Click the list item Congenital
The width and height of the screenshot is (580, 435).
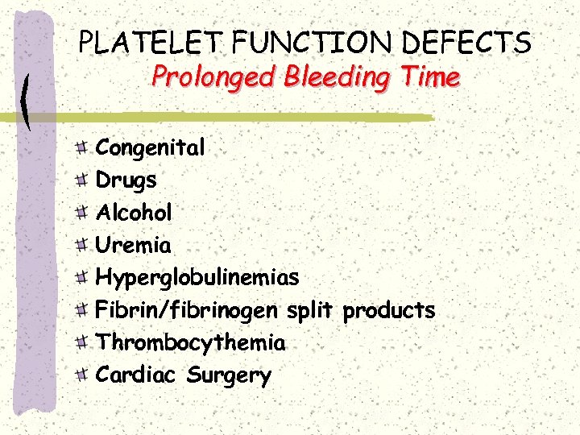(x=151, y=148)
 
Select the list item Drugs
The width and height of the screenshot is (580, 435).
(x=126, y=180)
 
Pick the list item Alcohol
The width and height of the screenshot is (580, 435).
(x=135, y=213)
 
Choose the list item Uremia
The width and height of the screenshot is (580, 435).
(x=134, y=245)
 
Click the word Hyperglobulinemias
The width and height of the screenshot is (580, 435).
(x=197, y=279)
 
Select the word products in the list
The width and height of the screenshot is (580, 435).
(x=389, y=311)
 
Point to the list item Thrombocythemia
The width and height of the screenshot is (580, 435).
(x=191, y=343)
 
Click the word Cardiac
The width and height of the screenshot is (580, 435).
(x=137, y=375)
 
